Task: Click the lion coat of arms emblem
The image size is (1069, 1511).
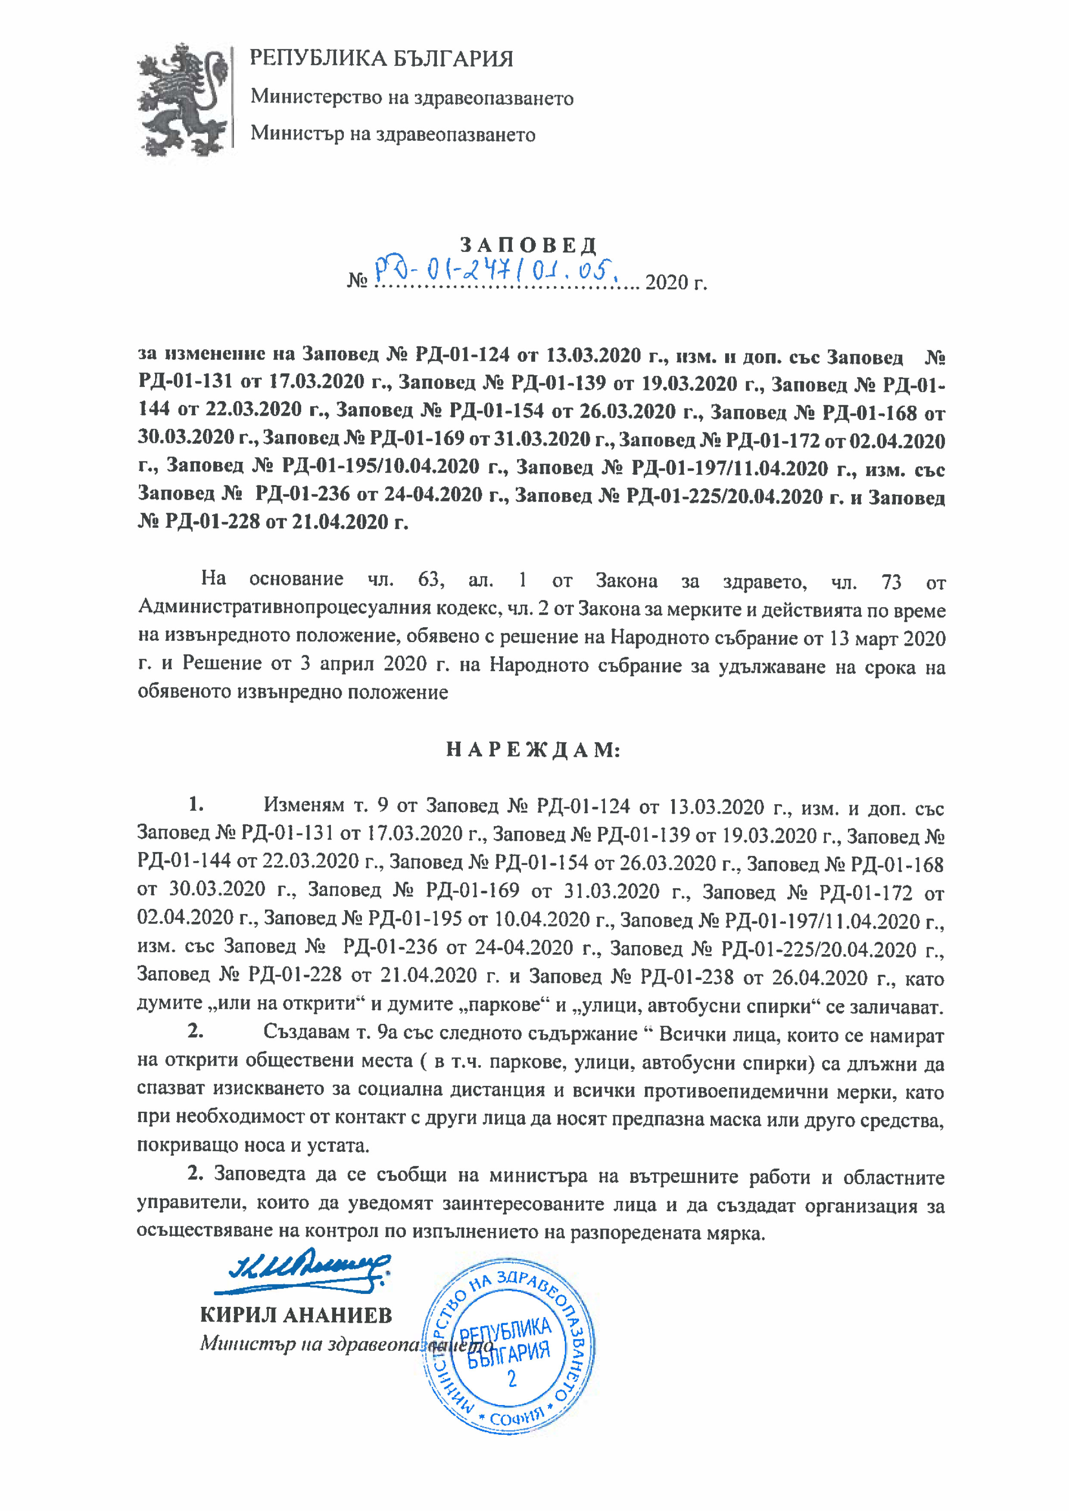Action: [x=184, y=100]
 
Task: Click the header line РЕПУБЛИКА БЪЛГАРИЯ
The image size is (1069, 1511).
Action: [x=381, y=59]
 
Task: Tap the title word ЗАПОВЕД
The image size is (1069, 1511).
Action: [x=528, y=246]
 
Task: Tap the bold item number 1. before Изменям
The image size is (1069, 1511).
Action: [x=196, y=804]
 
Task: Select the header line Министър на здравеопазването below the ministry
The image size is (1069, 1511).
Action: [x=393, y=134]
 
